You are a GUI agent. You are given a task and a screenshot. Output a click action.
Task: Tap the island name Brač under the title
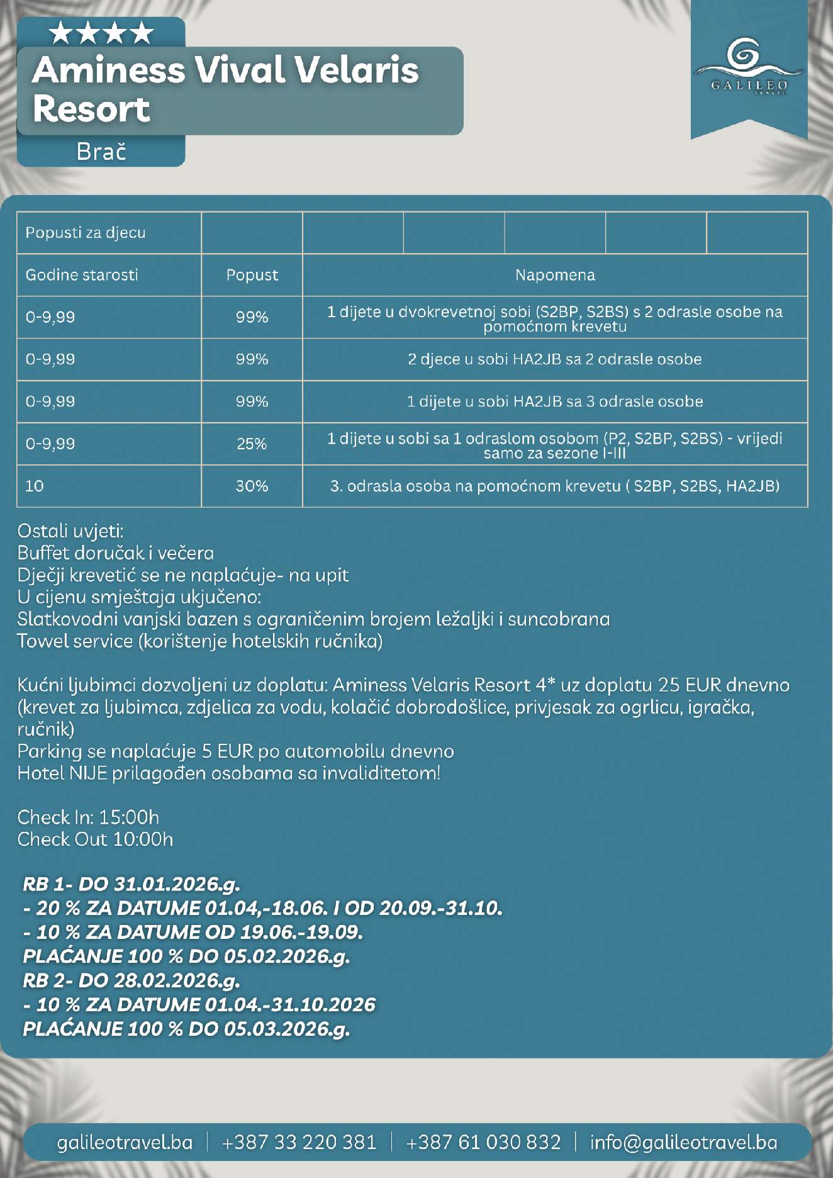pyautogui.click(x=101, y=152)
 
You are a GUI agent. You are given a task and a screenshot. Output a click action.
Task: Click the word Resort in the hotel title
pyautogui.click(x=91, y=109)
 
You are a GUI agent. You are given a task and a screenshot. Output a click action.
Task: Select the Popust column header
pyautogui.click(x=252, y=275)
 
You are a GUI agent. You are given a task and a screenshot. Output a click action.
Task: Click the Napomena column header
pyautogui.click(x=554, y=275)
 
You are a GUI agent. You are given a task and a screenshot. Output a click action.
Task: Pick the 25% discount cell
pyautogui.click(x=252, y=444)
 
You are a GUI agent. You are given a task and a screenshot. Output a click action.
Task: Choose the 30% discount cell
pyautogui.click(x=252, y=486)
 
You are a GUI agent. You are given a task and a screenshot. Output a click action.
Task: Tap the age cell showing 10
pyautogui.click(x=35, y=486)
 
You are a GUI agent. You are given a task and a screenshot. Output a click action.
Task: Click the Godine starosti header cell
pyautogui.click(x=82, y=275)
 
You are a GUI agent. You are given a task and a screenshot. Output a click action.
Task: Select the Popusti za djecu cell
pyautogui.click(x=86, y=233)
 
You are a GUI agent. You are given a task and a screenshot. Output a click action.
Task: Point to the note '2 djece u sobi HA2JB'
pyautogui.click(x=554, y=359)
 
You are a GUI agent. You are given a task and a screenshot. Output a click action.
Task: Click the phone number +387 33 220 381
pyautogui.click(x=299, y=1142)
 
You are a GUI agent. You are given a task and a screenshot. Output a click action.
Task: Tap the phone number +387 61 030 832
pyautogui.click(x=483, y=1142)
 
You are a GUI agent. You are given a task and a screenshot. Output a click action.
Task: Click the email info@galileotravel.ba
pyautogui.click(x=683, y=1142)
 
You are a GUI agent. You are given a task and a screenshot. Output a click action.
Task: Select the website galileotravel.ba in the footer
pyautogui.click(x=125, y=1142)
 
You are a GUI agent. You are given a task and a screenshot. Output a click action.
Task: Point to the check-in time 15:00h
pyautogui.click(x=129, y=817)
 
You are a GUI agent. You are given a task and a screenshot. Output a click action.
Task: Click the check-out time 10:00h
pyautogui.click(x=143, y=839)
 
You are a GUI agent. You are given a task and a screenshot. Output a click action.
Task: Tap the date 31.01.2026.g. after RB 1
pyautogui.click(x=177, y=884)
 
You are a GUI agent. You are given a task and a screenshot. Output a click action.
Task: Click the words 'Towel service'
pyautogui.click(x=75, y=641)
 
